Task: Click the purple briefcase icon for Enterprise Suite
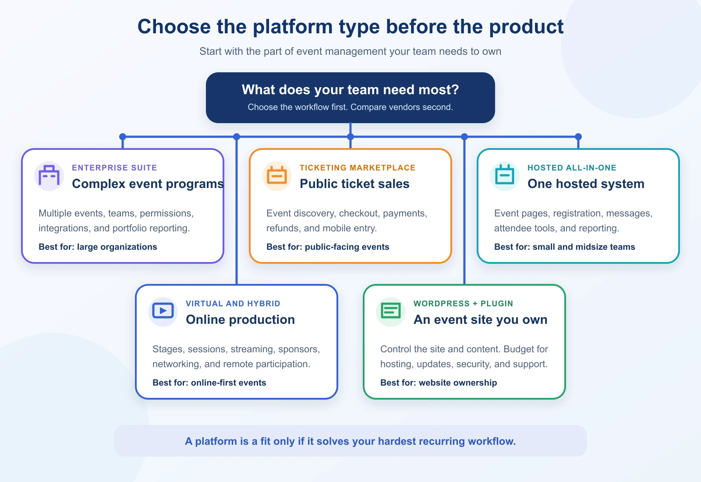(x=49, y=176)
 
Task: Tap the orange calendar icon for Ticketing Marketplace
(x=276, y=176)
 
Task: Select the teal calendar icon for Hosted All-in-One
(x=504, y=175)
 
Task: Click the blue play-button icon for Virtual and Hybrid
(x=163, y=311)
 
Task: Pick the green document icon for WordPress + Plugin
(x=390, y=311)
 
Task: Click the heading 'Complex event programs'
(x=148, y=184)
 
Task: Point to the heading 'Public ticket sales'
(x=354, y=184)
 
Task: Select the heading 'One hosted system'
(x=586, y=184)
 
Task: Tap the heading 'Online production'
(x=241, y=319)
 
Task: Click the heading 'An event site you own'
(x=480, y=319)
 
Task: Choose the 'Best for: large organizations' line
(x=98, y=247)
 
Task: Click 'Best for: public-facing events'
(x=328, y=247)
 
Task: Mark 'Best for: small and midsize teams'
(x=565, y=247)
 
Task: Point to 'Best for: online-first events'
(x=209, y=383)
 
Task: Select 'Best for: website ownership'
(x=439, y=383)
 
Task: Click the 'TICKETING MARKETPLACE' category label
(x=358, y=168)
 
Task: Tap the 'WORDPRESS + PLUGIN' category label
(x=463, y=304)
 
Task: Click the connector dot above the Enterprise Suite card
(x=123, y=137)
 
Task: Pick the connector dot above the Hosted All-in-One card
(x=578, y=137)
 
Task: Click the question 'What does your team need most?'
(x=350, y=90)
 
